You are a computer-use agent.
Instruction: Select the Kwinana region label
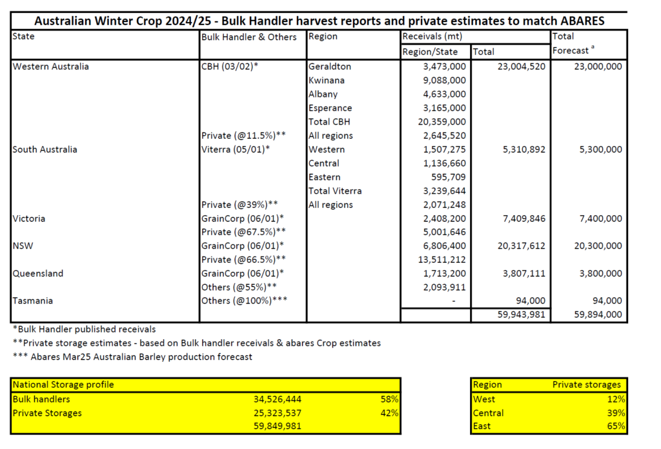coord(326,80)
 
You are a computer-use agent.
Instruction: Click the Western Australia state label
coord(51,67)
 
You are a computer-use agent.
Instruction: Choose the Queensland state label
coord(38,273)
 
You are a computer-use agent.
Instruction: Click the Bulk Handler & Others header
coord(249,37)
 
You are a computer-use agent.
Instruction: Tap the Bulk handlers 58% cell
coord(390,399)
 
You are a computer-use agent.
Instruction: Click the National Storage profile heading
coord(63,385)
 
